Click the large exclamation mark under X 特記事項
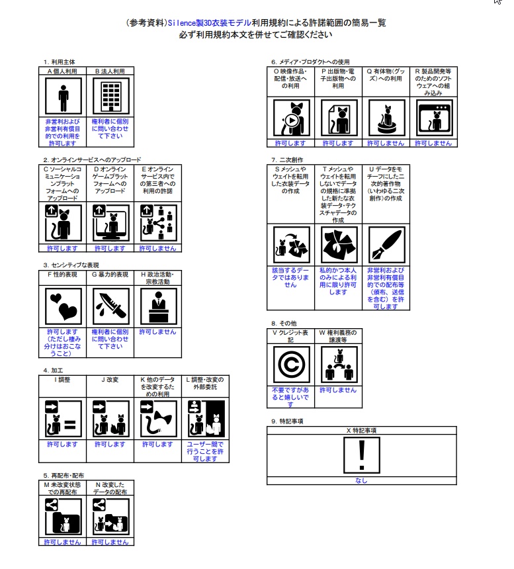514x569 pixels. tap(361, 455)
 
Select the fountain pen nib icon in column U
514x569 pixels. tap(386, 245)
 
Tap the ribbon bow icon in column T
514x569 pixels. tap(339, 245)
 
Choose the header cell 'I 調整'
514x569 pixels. tap(63, 380)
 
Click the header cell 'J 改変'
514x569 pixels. tap(110, 380)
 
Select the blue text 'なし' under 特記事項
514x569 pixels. tap(361, 481)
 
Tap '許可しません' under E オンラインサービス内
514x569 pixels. tap(157, 248)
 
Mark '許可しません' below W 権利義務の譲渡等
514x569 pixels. tap(339, 390)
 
